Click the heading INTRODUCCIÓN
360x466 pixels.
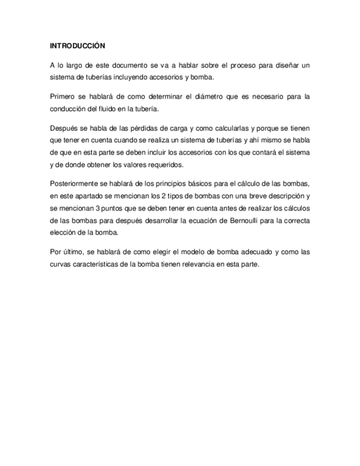77,46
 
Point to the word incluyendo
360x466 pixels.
139,77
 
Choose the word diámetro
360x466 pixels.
205,97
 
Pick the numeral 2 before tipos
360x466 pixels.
166,196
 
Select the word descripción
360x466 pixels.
281,196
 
